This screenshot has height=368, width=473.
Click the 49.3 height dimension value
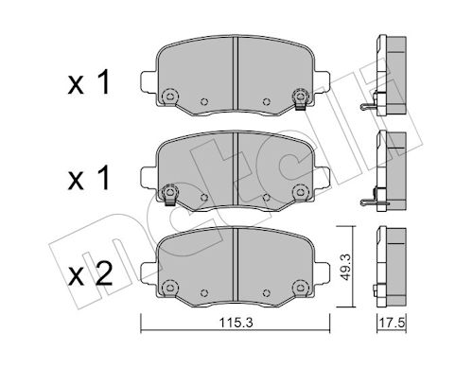(346, 268)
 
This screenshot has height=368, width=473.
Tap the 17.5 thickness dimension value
(392, 323)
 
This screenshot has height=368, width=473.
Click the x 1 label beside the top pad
(89, 82)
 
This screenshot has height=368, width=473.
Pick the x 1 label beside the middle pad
(89, 178)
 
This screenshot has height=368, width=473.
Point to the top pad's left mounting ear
(149, 82)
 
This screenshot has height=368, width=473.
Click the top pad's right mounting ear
(322, 82)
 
